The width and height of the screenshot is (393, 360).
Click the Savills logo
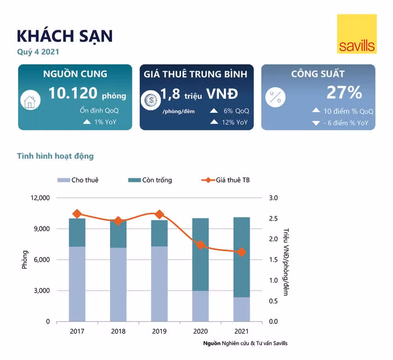coord(357,34)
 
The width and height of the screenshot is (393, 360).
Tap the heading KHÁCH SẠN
coord(65,35)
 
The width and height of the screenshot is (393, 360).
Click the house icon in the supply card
coord(29,101)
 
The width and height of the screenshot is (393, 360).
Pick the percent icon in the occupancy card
coord(275,97)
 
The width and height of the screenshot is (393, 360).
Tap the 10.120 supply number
coord(73,93)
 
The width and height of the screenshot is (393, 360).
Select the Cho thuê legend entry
coord(78,180)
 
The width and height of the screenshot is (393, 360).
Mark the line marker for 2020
coord(200,245)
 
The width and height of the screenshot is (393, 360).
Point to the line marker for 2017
coord(77,214)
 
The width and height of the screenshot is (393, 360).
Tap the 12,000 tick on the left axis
coord(40,198)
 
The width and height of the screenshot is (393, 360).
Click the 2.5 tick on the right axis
coord(274,219)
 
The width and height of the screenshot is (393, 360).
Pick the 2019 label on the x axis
coord(159,331)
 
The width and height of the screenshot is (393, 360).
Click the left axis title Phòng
coord(25,260)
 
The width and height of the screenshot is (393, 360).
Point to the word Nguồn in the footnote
coord(213,343)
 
